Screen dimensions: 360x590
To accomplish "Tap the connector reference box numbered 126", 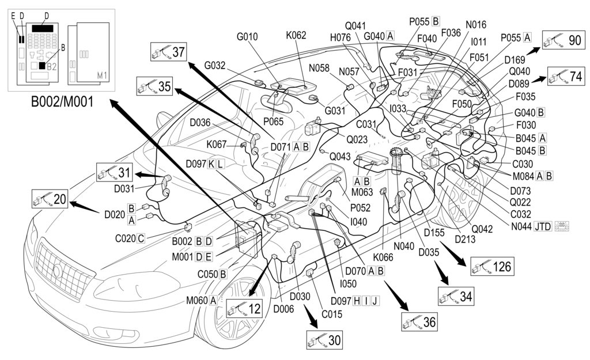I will (x=491, y=267).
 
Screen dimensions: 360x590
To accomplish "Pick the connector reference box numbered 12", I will (x=244, y=309).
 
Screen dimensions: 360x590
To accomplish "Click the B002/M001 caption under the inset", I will (x=61, y=104).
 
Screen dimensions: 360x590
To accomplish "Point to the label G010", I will (x=247, y=37).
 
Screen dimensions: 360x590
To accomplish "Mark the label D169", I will (x=515, y=59).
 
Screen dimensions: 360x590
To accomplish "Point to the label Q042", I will (x=482, y=229).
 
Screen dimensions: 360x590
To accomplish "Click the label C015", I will (x=332, y=314).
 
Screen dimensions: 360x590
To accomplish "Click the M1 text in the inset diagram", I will (x=103, y=75).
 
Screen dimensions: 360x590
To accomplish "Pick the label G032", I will (x=215, y=65).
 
